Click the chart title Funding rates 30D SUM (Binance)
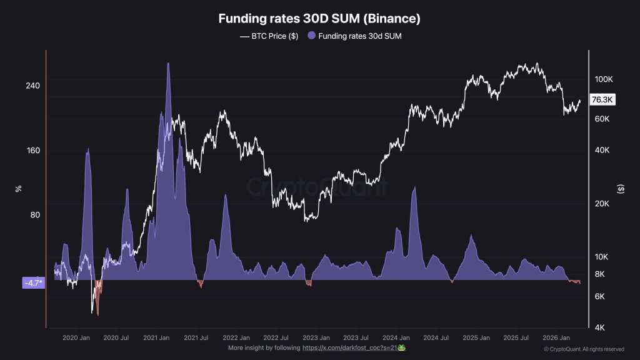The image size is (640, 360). (x=319, y=19)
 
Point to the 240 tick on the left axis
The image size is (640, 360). (x=32, y=86)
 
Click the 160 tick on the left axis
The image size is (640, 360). (x=32, y=151)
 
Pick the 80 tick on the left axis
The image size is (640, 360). (x=34, y=215)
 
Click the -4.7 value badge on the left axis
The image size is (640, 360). (x=33, y=283)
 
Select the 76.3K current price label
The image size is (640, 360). (x=603, y=99)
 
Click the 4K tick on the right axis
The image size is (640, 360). (x=599, y=327)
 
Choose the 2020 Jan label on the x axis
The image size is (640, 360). (x=76, y=337)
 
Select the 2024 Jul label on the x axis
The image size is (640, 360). (x=436, y=337)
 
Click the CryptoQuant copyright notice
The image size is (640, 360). (x=584, y=349)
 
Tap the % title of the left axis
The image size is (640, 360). (x=19, y=187)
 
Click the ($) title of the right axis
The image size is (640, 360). (x=620, y=187)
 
